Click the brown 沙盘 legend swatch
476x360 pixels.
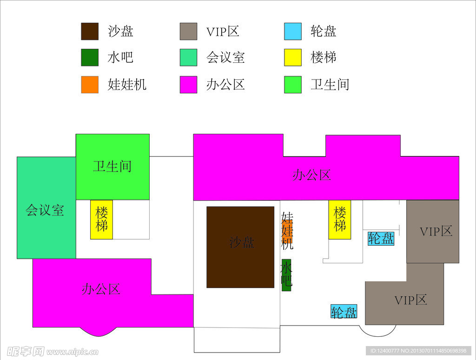click(90, 31)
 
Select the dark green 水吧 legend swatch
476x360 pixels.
click(90, 57)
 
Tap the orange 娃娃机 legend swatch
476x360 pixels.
click(90, 84)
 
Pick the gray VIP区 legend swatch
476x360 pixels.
click(188, 31)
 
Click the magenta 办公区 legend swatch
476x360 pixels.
click(188, 84)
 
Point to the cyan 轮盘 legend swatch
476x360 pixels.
click(293, 31)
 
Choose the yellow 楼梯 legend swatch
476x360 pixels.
click(293, 57)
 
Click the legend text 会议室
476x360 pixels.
click(225, 58)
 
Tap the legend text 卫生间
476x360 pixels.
click(330, 85)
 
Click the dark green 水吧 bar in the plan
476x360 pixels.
click(286, 275)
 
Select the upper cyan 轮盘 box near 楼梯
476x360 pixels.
click(381, 238)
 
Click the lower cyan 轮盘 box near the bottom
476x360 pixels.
click(344, 312)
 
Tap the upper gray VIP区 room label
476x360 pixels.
click(436, 231)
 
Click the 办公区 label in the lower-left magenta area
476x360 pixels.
click(101, 289)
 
